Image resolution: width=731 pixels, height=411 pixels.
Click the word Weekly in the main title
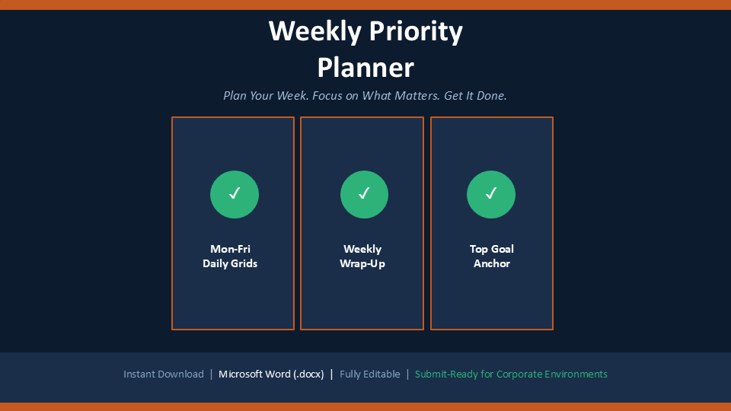coord(315,32)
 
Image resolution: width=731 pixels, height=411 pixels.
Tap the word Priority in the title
coord(416,32)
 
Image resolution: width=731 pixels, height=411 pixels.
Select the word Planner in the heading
coord(365,68)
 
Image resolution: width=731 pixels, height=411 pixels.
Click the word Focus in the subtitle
coord(327,96)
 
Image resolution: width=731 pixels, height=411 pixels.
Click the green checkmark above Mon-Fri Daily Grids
coord(235,194)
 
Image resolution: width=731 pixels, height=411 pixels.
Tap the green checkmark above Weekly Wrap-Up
coord(364,194)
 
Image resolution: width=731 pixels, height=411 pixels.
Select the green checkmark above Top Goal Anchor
coord(491,194)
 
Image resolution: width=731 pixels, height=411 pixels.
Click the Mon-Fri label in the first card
coord(230,249)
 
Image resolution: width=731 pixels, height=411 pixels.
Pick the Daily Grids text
coord(230,263)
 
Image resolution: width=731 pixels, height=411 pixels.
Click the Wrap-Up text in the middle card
coord(362,264)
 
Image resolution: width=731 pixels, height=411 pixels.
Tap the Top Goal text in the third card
coord(491,249)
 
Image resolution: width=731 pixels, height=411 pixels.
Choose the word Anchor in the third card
coord(492,263)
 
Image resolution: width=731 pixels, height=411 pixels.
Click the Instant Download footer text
coord(164,374)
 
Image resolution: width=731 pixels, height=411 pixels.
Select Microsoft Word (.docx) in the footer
coord(271,374)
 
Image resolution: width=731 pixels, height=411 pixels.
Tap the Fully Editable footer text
coord(370,374)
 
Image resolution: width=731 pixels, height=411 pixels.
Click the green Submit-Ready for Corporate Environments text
coord(511,374)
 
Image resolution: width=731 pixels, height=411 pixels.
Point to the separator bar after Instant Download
coord(211,374)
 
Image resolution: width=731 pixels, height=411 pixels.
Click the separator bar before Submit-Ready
coord(407,374)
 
